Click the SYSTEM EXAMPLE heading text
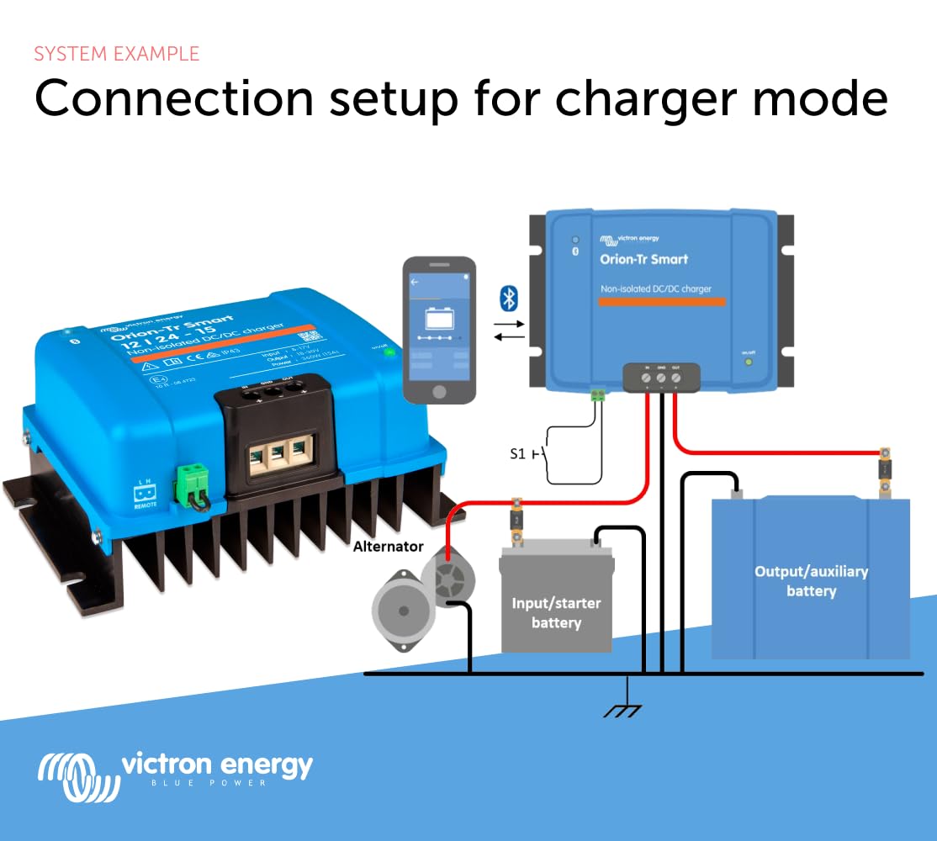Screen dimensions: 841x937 point(117,54)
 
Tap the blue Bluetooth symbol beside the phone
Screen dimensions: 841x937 point(509,297)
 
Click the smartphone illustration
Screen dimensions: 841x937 point(439,330)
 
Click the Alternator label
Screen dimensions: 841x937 point(388,546)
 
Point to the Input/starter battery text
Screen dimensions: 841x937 point(556,613)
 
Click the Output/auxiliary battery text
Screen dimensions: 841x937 point(811,580)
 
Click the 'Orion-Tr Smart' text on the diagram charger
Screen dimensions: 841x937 point(643,259)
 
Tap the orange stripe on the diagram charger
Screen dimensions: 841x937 point(662,301)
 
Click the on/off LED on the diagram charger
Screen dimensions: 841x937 point(748,362)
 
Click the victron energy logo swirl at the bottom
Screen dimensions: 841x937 point(76,777)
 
